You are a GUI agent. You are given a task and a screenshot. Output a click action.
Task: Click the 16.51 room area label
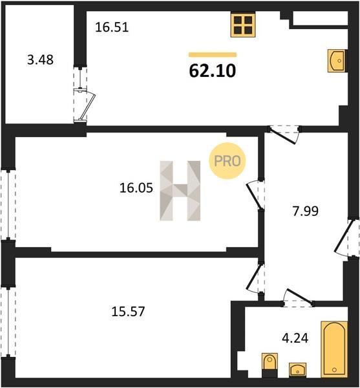click(x=112, y=27)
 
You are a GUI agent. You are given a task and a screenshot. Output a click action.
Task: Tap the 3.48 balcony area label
click(x=40, y=60)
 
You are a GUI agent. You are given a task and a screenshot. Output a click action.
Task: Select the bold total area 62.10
click(x=213, y=70)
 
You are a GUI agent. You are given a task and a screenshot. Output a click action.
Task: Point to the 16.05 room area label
click(x=136, y=188)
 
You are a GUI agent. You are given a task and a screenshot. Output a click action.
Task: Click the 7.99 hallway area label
click(x=306, y=211)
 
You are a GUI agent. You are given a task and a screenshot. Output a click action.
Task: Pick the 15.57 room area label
click(x=128, y=311)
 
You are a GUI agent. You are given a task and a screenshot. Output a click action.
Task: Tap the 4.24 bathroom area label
click(x=295, y=338)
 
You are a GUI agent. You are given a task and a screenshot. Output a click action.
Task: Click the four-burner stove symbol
click(x=243, y=25)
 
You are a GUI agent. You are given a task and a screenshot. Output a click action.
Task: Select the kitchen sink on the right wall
click(x=337, y=61)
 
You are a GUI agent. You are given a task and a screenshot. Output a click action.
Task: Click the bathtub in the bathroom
click(x=334, y=349)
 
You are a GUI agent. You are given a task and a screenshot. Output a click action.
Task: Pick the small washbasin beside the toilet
click(x=298, y=370)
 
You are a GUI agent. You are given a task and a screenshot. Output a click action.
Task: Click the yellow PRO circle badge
click(x=228, y=161)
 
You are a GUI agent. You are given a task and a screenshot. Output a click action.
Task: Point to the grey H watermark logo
click(x=180, y=191)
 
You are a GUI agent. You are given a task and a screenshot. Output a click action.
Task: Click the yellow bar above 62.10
click(x=213, y=55)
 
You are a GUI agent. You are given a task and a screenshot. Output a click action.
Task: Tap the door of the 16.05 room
click(x=255, y=195)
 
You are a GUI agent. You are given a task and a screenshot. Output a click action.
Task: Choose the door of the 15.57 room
click(x=255, y=277)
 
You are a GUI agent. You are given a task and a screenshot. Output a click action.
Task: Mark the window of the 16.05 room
click(x=8, y=204)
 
